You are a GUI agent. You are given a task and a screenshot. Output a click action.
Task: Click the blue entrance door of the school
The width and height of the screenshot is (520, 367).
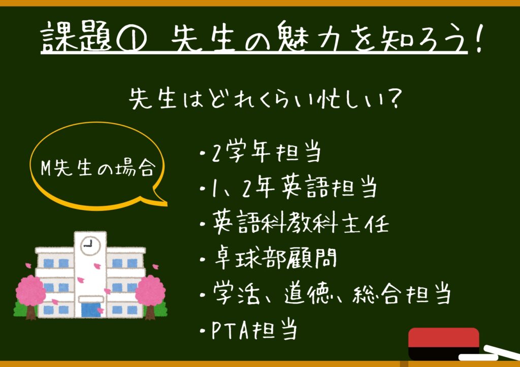[91, 310]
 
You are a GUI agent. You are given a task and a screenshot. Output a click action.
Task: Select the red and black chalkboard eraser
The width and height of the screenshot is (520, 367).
[444, 344]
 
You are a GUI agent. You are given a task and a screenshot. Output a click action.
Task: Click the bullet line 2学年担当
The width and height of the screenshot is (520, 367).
[261, 153]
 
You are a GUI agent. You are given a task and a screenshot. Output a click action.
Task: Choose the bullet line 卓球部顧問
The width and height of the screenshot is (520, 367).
[269, 259]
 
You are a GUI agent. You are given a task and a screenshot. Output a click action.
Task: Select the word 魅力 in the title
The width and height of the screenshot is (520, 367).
[302, 36]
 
